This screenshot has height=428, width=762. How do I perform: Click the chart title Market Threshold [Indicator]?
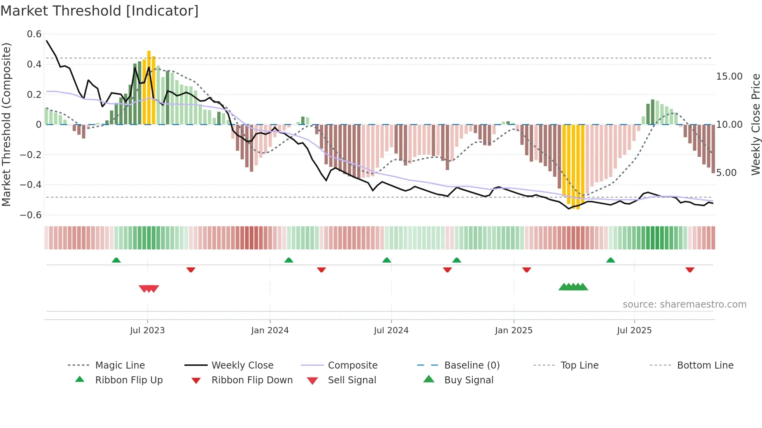pyautogui.click(x=100, y=11)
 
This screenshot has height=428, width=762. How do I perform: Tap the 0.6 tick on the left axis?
pyautogui.click(x=34, y=34)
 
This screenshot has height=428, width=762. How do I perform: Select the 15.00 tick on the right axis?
pyautogui.click(x=729, y=77)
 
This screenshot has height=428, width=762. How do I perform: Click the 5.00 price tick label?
pyautogui.click(x=726, y=173)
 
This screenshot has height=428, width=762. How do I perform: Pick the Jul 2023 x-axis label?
pyautogui.click(x=147, y=331)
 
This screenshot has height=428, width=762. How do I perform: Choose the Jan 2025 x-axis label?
pyautogui.click(x=514, y=331)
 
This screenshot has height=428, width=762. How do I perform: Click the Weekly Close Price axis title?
pyautogui.click(x=755, y=124)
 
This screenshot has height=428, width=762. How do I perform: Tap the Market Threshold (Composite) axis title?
pyautogui.click(x=6, y=124)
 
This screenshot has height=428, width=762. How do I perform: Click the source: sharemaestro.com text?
pyautogui.click(x=684, y=304)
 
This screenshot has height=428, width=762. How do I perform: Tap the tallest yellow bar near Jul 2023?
pyautogui.click(x=149, y=87)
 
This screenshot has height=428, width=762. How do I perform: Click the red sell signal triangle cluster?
pyautogui.click(x=149, y=289)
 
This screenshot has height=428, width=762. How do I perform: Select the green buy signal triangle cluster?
pyautogui.click(x=573, y=287)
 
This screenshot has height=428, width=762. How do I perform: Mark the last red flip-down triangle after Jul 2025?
pyautogui.click(x=690, y=270)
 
